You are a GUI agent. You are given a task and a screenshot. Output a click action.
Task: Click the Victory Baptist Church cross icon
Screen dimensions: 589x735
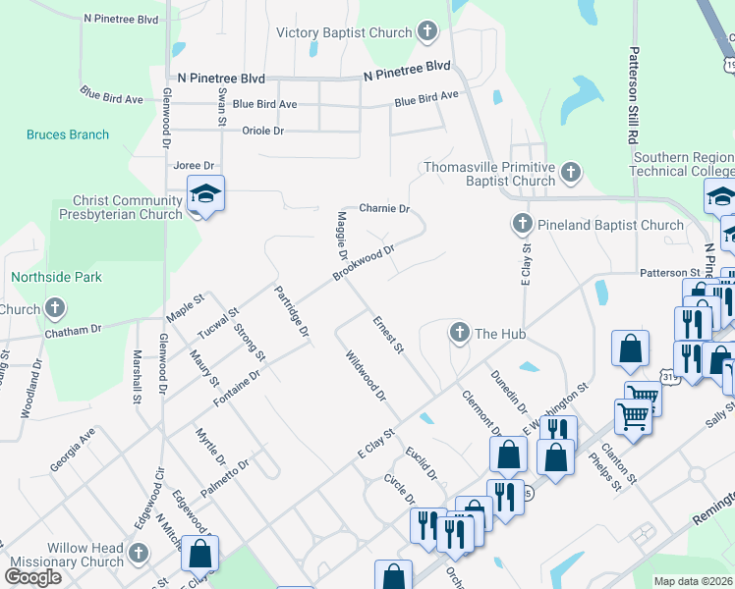[427, 32]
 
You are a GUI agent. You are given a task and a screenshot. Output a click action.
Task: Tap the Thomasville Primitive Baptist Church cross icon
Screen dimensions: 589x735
[569, 174]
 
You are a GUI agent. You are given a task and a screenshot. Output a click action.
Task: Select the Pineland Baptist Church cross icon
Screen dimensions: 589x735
[523, 225]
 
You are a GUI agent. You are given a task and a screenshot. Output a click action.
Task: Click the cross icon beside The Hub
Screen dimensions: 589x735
[459, 334]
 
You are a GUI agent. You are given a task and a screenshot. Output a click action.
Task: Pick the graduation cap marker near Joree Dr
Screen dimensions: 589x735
[206, 194]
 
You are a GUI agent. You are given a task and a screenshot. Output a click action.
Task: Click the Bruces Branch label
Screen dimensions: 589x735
[68, 134]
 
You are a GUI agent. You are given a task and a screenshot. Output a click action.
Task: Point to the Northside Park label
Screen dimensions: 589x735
[56, 278]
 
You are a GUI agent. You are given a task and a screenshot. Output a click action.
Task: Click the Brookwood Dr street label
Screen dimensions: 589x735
[363, 262]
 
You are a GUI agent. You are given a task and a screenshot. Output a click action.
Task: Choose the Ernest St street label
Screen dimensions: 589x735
[388, 334]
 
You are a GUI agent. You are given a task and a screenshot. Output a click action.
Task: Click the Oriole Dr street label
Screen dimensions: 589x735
[262, 131]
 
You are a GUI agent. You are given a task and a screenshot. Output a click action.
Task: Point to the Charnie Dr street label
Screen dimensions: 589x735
[383, 208]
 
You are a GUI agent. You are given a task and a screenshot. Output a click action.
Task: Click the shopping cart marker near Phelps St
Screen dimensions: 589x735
[635, 416]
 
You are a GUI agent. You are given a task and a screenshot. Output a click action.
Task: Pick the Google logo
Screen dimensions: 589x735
[32, 576]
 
